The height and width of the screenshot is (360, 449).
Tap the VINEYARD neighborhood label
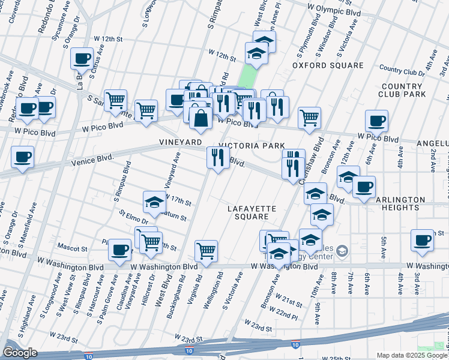[180, 142]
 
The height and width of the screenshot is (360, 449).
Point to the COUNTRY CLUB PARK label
[402, 90]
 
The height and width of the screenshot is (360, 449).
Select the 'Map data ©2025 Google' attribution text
[411, 355]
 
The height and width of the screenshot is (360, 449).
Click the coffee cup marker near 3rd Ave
[422, 240]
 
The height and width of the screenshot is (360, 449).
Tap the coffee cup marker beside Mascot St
[120, 248]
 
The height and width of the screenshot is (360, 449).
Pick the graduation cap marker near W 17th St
[154, 202]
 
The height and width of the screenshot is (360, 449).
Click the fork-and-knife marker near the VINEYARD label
[217, 158]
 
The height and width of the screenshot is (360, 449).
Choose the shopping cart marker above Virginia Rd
[206, 250]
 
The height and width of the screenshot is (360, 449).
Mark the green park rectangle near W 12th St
[246, 76]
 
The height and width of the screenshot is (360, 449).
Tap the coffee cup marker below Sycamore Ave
[82, 59]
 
